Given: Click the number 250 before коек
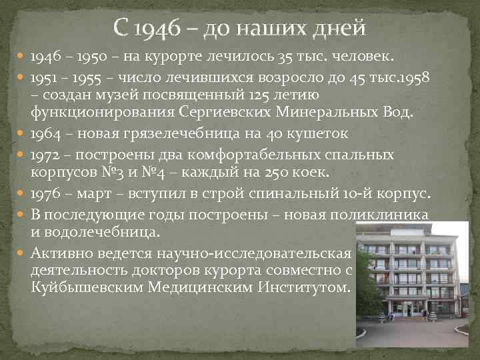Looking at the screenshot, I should [x=277, y=172].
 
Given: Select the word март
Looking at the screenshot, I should [x=97, y=194].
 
